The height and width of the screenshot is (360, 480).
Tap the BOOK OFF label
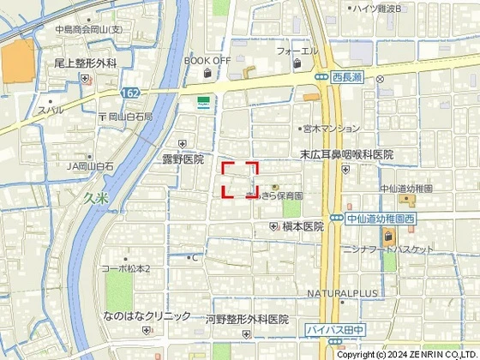pos(207,61)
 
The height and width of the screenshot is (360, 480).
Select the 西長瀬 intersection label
pos(348,77)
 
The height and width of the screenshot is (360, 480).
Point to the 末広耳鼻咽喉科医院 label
pos(345,154)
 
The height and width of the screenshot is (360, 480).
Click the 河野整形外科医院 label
pos(247,319)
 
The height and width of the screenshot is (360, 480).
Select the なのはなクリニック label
pos(147,315)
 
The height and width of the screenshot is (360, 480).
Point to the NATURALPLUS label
pos(342,293)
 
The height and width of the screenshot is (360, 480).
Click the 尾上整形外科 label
pos(84,63)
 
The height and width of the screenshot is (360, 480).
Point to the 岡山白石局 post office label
pos(130,117)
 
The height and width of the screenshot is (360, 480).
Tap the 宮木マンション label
pos(330,129)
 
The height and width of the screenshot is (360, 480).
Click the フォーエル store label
pos(297,51)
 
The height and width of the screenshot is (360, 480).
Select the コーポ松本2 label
pos(126,269)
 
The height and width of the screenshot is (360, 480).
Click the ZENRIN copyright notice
pos(407,354)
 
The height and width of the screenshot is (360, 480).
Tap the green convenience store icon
pos(202,101)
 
